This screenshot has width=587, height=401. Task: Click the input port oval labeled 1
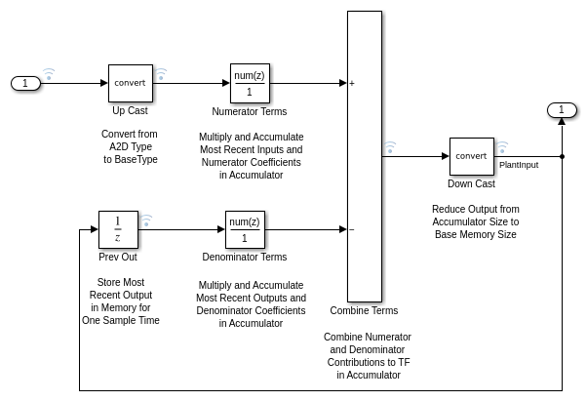point(25,83)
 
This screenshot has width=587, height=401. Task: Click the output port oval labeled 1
point(562,109)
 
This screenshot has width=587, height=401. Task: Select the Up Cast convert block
point(130,83)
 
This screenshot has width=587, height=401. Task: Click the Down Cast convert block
point(471,156)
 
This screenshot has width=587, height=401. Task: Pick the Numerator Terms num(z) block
point(250,83)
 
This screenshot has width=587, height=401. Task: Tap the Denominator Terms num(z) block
point(245,229)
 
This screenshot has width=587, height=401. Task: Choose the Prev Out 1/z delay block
point(118,229)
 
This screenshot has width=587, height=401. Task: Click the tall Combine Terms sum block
point(364,156)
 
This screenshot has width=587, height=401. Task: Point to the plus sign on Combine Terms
point(351,84)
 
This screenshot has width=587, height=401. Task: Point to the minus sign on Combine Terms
point(351,230)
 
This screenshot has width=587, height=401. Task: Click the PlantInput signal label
point(519,165)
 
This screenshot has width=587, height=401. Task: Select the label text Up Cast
point(130,110)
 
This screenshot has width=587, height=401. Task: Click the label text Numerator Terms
point(250,111)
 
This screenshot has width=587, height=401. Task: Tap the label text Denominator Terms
point(245,258)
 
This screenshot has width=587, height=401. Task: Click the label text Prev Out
point(118,258)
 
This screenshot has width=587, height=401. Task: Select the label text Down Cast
point(471,183)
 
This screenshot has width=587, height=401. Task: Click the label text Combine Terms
point(364,311)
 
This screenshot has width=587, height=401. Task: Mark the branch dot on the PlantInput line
point(562,156)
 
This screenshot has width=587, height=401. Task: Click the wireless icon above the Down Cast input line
point(390,147)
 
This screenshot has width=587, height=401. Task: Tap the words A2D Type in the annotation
point(130,146)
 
